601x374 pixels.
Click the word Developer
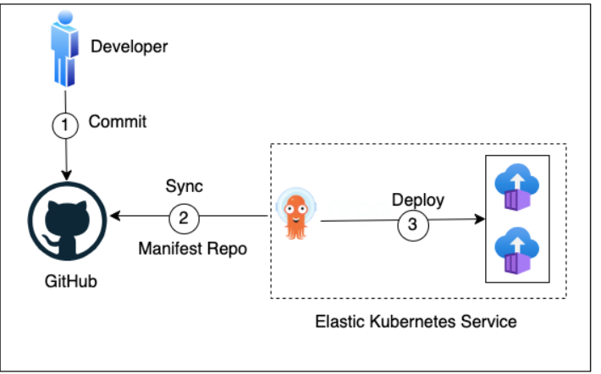click(130, 46)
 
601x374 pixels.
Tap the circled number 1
click(64, 124)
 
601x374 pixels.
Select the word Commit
click(118, 122)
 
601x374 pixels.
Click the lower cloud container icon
click(516, 251)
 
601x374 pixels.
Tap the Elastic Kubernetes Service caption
click(415, 322)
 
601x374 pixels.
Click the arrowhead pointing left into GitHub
click(116, 217)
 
